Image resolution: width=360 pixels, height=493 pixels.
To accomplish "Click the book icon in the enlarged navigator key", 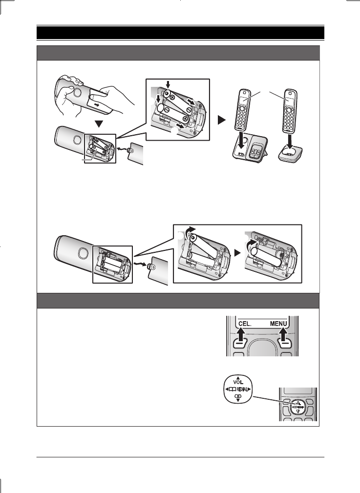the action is [x=230, y=389].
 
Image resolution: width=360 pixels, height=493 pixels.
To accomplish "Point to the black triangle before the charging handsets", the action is [x=221, y=120].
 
